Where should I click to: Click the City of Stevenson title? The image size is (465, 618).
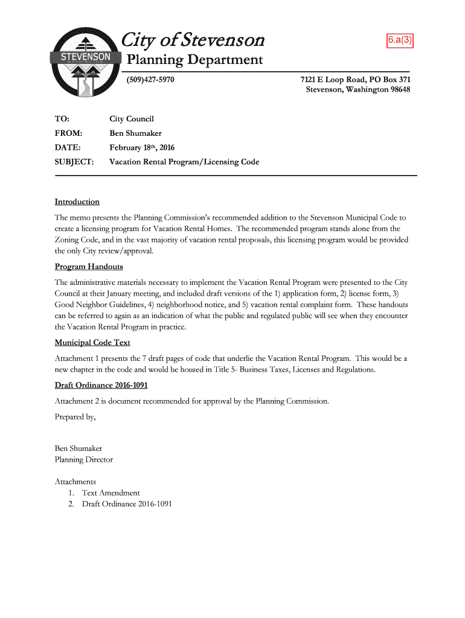click(193, 40)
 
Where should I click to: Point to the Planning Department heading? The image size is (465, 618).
click(194, 60)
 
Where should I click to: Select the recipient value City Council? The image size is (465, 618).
click(132, 119)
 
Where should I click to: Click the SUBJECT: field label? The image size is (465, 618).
click(74, 162)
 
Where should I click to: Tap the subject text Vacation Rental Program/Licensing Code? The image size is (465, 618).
click(184, 162)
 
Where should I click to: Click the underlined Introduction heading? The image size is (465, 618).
click(77, 202)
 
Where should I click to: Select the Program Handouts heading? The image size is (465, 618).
click(89, 266)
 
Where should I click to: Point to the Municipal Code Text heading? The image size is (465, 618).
click(92, 342)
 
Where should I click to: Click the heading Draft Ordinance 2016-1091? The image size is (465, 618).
click(101, 385)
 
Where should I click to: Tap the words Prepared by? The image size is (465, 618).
click(75, 416)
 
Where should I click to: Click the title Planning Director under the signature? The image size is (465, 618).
click(84, 459)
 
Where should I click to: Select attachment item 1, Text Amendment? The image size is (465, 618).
click(111, 492)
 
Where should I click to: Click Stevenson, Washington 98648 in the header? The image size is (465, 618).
click(358, 90)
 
